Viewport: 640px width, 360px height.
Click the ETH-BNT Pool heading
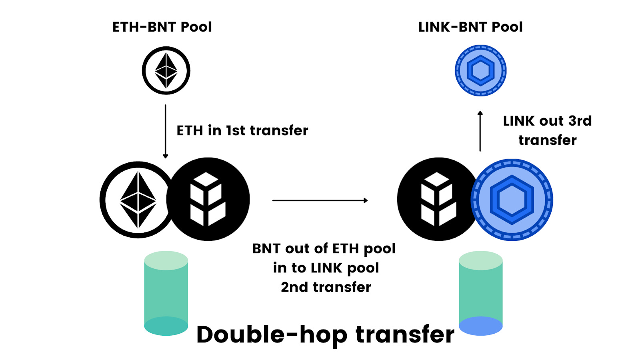click(x=162, y=27)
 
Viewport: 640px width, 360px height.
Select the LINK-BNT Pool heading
click(x=470, y=27)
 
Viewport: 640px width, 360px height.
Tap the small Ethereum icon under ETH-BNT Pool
click(x=166, y=70)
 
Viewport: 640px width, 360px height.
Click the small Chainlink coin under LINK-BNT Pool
click(x=480, y=70)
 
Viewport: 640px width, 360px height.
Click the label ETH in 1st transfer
click(x=242, y=130)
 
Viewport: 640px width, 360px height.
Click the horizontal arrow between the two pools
click(x=320, y=200)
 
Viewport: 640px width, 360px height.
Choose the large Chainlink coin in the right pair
click(x=512, y=200)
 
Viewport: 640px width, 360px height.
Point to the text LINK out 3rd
click(x=547, y=121)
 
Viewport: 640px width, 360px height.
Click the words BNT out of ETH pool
click(x=324, y=249)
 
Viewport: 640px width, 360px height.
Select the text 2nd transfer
click(x=326, y=287)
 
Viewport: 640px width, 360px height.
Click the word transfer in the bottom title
click(x=405, y=334)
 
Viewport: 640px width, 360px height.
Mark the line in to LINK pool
click(x=326, y=268)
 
